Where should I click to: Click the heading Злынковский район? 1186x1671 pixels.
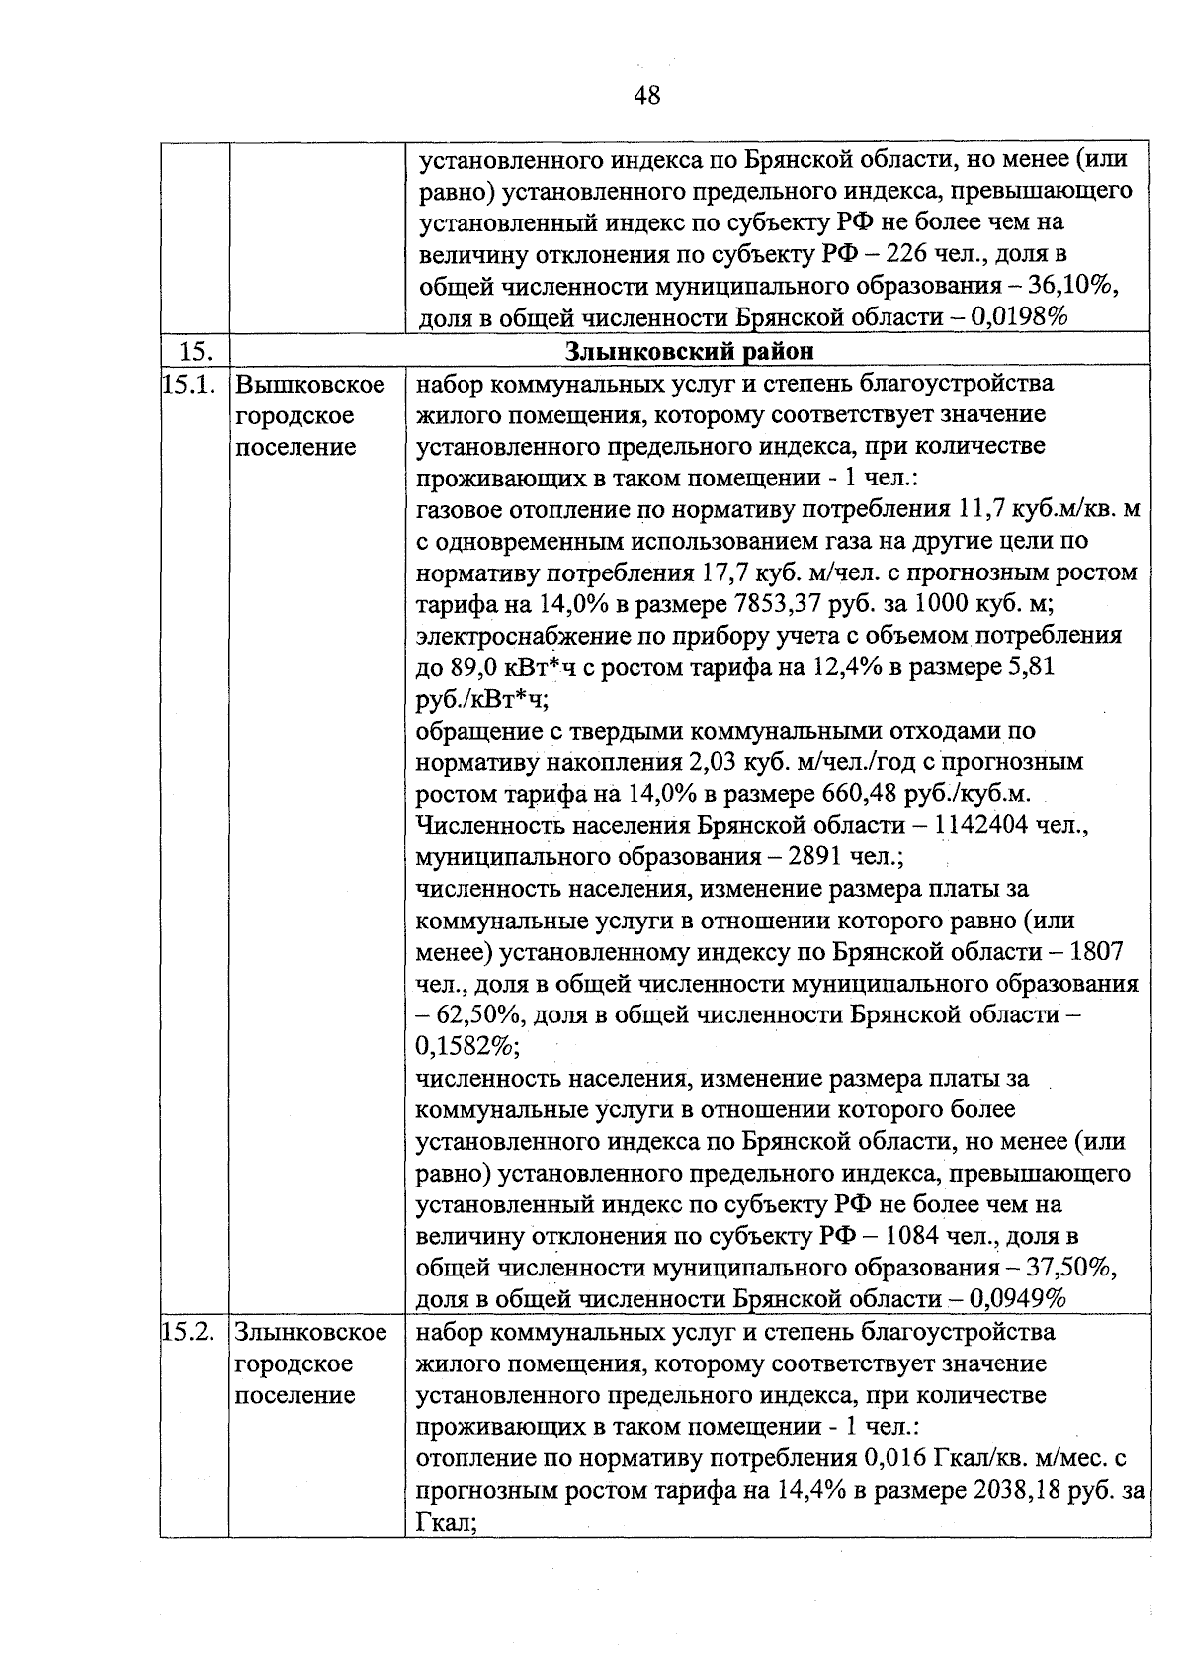tap(690, 351)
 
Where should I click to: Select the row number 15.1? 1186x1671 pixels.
tap(190, 384)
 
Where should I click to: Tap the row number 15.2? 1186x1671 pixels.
tap(190, 1332)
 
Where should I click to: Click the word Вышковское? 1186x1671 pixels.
tap(310, 384)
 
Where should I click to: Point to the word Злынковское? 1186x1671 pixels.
tap(310, 1332)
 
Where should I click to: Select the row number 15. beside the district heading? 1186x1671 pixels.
tap(196, 351)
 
